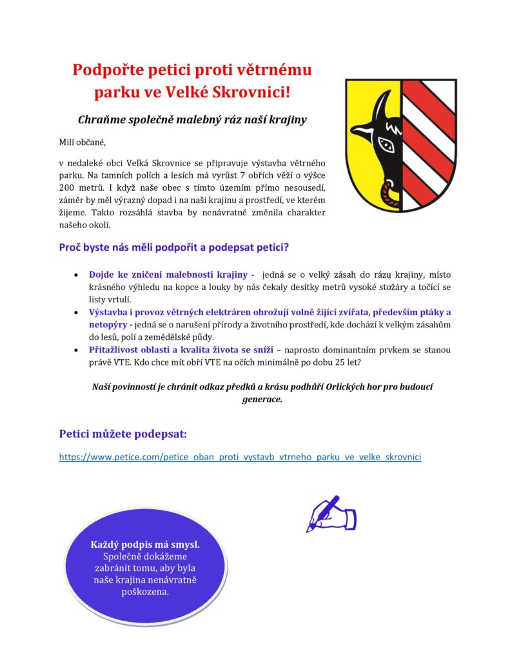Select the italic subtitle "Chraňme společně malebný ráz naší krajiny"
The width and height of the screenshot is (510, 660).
191,120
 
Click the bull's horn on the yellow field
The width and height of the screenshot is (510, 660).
384,104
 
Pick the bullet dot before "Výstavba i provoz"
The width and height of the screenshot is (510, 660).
77,313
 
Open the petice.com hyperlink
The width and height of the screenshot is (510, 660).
240,456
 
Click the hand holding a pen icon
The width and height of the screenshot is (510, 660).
331,513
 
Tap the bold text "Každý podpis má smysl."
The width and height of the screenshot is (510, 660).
145,545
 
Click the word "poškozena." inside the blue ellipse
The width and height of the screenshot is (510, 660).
145,592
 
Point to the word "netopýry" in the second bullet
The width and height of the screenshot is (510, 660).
108,325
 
